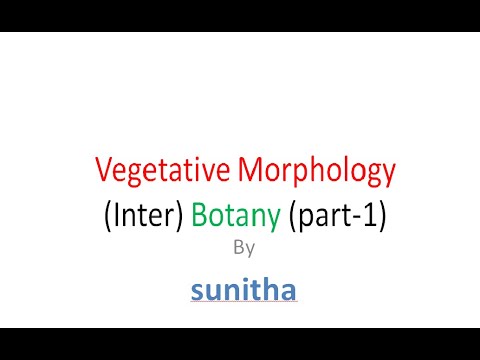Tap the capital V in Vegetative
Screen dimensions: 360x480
coord(103,173)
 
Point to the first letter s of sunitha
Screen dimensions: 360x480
coord(196,292)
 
